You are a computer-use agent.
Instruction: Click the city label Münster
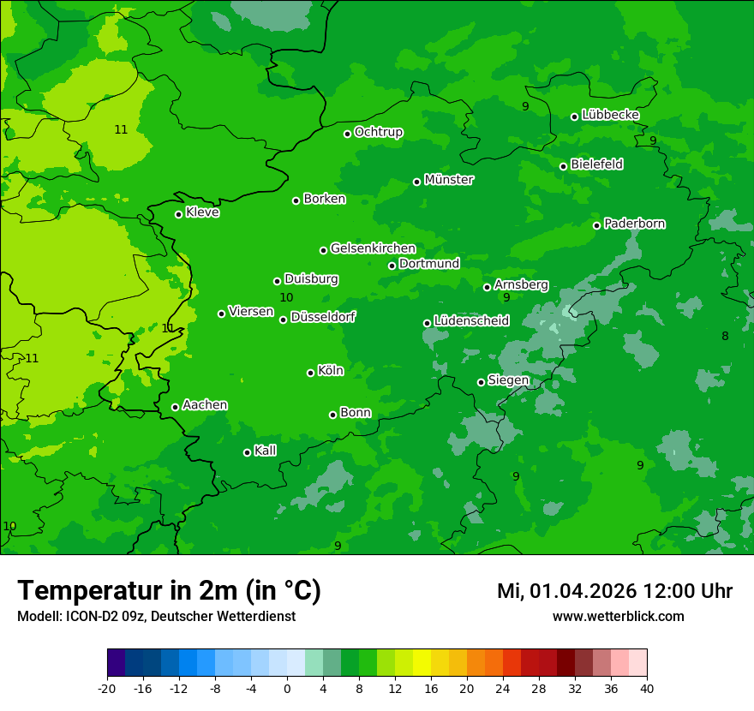point(448,180)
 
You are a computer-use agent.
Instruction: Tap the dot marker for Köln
point(310,373)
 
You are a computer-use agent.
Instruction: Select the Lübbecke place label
point(610,115)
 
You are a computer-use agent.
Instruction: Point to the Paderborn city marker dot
point(597,225)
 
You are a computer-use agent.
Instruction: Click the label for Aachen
point(205,405)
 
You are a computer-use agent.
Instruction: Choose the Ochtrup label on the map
point(378,132)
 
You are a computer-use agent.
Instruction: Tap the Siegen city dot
point(481,382)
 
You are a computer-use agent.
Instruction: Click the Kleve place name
point(202,212)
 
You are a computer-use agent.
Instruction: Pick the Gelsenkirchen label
point(373,248)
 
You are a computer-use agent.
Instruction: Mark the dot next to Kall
point(247,452)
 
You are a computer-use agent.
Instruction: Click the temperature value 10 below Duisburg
point(286,297)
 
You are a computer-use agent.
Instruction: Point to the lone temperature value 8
point(725,336)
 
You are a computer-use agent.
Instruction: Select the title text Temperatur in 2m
point(169,590)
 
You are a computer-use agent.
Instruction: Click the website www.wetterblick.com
point(618,616)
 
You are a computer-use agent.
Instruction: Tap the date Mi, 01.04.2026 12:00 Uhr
point(614,591)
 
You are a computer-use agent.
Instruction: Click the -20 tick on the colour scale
point(107,688)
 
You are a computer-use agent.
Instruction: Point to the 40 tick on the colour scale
point(647,688)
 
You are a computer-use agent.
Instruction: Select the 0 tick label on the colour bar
point(287,688)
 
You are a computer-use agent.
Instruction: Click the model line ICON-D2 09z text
point(156,616)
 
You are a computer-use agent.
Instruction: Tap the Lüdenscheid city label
point(471,321)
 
